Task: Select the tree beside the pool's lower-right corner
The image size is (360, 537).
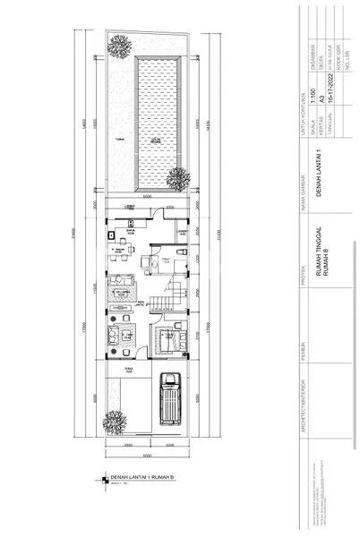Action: point(180,179)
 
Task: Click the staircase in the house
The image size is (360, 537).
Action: point(158,294)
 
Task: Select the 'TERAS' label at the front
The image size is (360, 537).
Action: point(128,370)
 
